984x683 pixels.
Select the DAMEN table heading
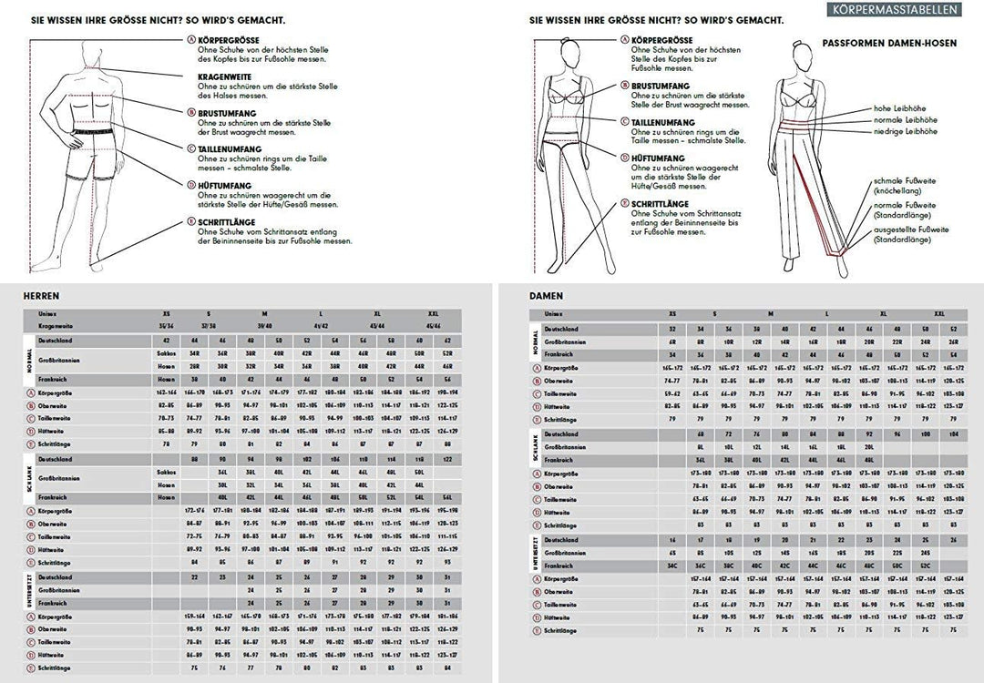coord(546,295)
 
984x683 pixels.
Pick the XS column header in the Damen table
coord(672,313)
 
